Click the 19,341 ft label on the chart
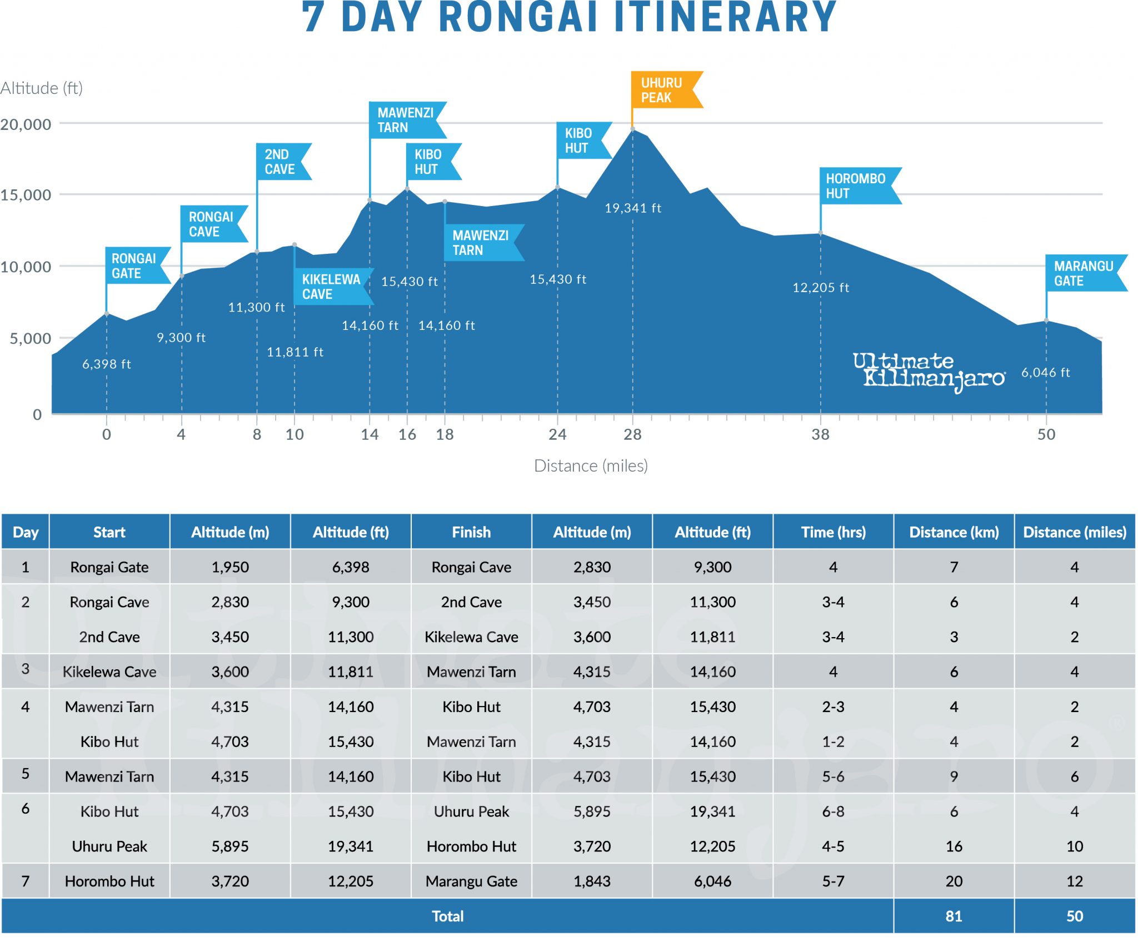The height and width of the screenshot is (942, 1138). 633,208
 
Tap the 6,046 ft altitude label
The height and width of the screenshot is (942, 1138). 1045,373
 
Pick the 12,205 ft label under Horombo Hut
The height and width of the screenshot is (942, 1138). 821,288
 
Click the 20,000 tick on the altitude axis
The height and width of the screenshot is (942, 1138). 26,124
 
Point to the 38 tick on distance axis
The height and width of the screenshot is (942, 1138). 820,434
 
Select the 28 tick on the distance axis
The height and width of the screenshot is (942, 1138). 632,434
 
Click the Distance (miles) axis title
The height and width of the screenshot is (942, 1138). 591,465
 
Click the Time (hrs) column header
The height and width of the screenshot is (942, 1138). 833,532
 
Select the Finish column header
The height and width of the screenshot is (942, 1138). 471,532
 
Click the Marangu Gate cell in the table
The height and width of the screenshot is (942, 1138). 471,881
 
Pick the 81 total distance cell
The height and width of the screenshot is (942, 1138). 954,916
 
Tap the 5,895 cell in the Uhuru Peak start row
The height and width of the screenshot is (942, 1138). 230,846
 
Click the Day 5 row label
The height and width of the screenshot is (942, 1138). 26,774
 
